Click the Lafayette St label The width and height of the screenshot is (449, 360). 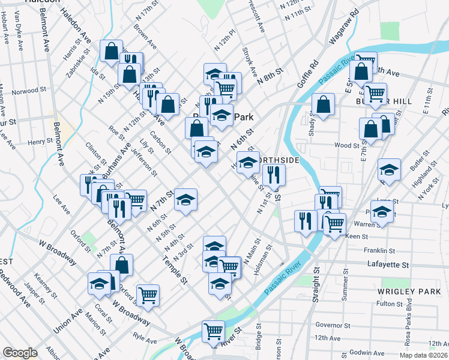(388, 264)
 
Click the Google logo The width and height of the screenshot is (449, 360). (20, 353)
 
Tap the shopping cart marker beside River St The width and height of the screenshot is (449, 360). (213, 331)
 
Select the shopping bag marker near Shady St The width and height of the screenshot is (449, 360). (323, 105)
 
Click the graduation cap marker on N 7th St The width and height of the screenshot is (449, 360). (185, 198)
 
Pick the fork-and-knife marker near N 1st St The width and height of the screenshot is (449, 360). (274, 175)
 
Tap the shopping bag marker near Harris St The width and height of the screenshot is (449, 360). (111, 50)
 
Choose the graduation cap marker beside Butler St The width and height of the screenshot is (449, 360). (389, 170)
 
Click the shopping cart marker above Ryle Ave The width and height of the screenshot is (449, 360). (148, 294)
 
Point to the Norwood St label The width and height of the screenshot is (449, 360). (29, 92)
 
